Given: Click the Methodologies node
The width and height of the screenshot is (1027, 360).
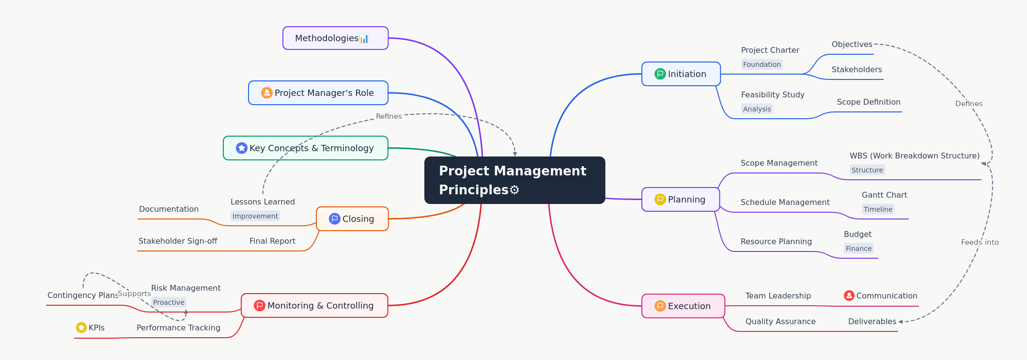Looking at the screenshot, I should [335, 38].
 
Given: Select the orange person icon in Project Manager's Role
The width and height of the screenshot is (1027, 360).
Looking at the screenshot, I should [266, 93].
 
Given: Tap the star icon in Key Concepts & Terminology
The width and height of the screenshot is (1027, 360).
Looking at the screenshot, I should [241, 148].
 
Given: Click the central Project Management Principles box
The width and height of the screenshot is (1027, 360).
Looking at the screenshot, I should [514, 180].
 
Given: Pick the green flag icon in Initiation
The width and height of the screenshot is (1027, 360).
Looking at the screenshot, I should [660, 74].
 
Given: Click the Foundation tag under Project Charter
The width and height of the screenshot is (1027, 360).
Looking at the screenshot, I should [762, 64].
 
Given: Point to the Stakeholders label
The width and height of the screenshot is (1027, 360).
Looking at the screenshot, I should [856, 69].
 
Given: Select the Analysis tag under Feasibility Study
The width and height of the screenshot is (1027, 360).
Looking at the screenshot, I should [757, 109].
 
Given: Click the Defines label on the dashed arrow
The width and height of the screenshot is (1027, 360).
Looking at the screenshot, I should [968, 104].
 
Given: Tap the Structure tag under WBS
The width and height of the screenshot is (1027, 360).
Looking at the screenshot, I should [867, 170].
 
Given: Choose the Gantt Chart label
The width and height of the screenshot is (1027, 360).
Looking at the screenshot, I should [884, 195].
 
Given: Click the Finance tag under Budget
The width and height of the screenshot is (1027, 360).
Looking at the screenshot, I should [858, 249].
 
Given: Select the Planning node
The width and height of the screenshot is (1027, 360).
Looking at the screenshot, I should [681, 199].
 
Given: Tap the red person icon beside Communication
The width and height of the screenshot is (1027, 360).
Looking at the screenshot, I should [849, 296].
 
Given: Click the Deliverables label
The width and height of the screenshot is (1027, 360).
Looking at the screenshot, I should [872, 321].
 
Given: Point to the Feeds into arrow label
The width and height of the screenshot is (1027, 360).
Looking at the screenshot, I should [980, 242].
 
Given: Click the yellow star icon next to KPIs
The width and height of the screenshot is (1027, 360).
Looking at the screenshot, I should [81, 328].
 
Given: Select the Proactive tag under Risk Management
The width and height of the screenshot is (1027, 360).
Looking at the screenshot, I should [169, 302].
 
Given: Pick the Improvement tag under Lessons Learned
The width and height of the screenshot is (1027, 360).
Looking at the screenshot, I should [255, 216].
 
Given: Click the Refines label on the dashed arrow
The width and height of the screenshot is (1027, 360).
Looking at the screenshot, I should [389, 116].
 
